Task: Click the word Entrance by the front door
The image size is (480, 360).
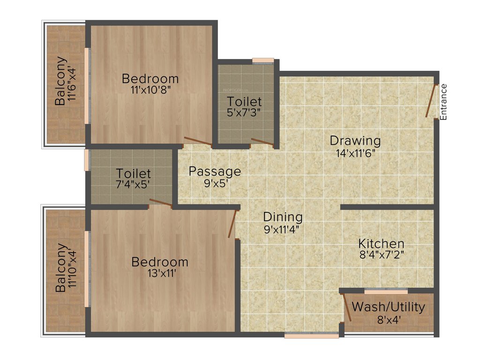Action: click(443, 102)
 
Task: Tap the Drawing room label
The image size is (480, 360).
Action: click(355, 140)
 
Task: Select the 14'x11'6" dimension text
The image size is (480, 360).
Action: click(355, 152)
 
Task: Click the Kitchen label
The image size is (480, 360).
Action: click(381, 244)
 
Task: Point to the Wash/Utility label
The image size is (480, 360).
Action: click(389, 307)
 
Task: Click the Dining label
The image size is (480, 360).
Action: click(282, 217)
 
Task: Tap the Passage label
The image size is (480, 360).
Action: click(215, 172)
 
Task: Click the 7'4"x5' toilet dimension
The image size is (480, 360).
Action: click(134, 185)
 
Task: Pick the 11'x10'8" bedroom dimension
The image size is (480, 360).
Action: click(150, 90)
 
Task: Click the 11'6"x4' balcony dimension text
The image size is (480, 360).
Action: click(72, 81)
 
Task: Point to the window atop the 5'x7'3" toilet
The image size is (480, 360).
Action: click(262, 60)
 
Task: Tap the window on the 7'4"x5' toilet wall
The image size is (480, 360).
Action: click(86, 160)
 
